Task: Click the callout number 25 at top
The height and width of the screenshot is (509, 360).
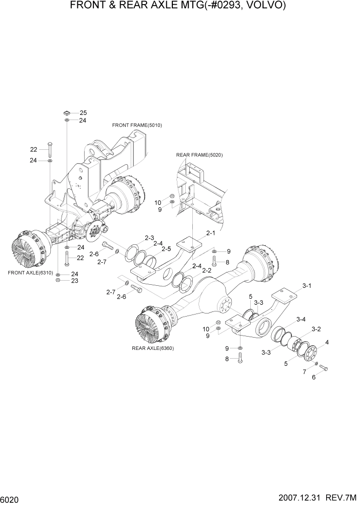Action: [x=83, y=112]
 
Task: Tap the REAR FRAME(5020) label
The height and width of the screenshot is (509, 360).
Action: [x=199, y=154]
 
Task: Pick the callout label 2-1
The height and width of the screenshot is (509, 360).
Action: [x=211, y=232]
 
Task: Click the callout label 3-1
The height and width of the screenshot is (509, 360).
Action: [x=307, y=285]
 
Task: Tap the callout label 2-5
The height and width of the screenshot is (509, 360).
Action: [x=166, y=249]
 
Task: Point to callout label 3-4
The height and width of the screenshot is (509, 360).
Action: [x=300, y=319]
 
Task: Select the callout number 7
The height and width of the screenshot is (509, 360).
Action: [x=304, y=371]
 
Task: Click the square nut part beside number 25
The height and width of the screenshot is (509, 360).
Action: [x=67, y=112]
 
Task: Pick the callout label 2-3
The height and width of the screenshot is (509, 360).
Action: [x=149, y=238]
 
